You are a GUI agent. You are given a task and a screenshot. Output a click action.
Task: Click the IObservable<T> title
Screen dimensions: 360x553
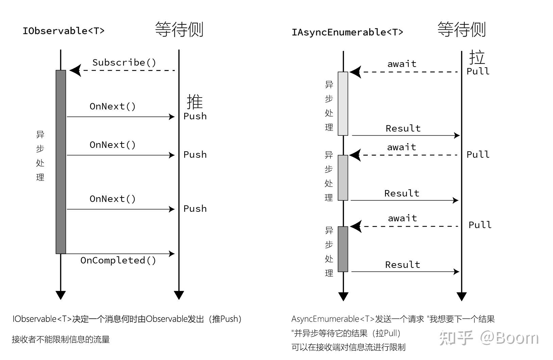click(64, 31)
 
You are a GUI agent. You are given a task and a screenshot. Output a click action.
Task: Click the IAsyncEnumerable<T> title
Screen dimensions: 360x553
click(347, 32)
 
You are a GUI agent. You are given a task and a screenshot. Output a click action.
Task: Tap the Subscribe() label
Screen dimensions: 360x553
click(124, 63)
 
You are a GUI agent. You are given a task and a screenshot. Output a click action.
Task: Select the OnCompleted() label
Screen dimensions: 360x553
click(118, 260)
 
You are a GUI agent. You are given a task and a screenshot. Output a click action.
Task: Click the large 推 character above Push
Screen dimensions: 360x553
click(195, 102)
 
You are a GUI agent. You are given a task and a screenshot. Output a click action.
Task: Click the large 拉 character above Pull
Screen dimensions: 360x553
click(477, 57)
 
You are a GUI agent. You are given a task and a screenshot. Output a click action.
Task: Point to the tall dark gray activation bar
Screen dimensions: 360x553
click(61, 162)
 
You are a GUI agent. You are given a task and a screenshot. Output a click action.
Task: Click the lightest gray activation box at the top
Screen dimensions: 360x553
click(343, 103)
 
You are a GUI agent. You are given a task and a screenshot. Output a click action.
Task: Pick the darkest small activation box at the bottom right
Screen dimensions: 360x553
click(343, 249)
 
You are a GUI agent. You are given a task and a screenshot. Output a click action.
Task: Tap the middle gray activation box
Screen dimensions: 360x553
click(343, 177)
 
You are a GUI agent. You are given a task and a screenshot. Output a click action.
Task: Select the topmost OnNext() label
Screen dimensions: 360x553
click(113, 106)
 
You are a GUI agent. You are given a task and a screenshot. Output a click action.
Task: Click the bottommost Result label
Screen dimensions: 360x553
click(402, 265)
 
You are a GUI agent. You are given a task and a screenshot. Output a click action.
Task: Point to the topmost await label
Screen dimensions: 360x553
click(402, 64)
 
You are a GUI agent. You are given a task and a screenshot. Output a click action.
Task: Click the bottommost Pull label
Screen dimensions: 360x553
click(480, 225)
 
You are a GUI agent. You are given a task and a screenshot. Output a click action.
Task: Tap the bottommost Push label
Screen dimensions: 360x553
click(195, 209)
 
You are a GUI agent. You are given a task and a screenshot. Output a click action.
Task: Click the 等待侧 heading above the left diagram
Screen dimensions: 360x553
click(179, 30)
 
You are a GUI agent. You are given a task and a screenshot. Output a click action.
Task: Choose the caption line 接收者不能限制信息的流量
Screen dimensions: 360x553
click(61, 339)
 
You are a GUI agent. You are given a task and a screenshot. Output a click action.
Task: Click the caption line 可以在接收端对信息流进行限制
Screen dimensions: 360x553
click(348, 347)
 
